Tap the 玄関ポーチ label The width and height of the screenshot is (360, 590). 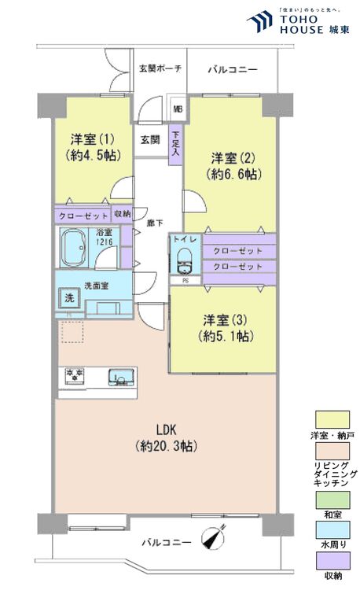pos(160,69)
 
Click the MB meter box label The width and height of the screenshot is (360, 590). pos(178,109)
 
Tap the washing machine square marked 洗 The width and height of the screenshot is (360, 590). pos(69,299)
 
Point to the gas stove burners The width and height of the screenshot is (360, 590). pos(75,375)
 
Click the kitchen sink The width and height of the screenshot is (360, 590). pos(120,377)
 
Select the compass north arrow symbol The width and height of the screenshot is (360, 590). pos(214,539)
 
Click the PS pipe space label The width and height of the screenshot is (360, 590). pos(186,279)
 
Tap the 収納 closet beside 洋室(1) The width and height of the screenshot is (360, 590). pos(122,214)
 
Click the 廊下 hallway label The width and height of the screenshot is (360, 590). pos(155,223)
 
